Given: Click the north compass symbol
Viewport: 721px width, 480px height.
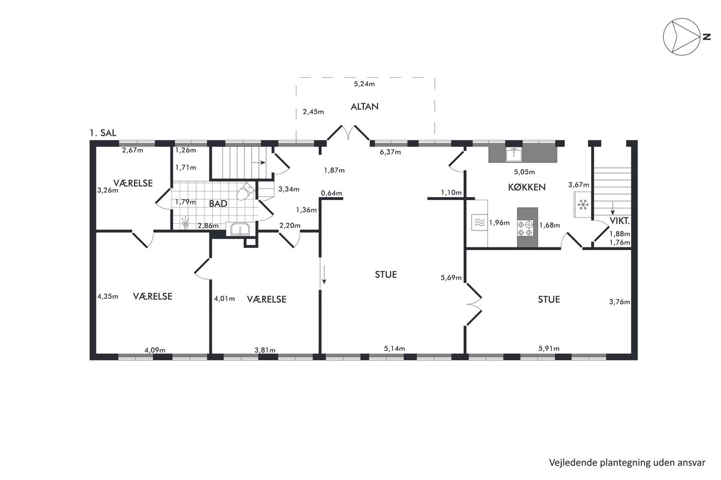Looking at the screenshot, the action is pos(681,37).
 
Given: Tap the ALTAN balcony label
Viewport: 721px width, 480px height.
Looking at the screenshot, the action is pos(365,106).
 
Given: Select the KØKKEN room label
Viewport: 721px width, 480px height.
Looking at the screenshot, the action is pos(526,187).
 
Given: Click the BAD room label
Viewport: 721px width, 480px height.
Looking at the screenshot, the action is pos(218,204).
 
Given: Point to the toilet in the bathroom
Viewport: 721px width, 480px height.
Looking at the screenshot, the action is pos(246,191).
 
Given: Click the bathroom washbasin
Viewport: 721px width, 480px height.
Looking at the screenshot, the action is pos(240,229).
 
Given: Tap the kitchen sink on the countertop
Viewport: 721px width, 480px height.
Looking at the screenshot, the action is pos(514,154).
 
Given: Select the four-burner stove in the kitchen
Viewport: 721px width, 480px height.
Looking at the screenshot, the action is pos(525,228).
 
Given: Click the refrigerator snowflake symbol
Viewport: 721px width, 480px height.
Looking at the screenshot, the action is pos(583,204).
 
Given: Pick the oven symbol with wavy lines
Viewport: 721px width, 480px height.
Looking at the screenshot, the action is pos(479,222).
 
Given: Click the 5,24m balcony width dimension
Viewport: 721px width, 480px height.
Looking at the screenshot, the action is pos(365,84).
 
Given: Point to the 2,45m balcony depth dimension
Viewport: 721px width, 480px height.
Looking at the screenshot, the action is pos(313,112).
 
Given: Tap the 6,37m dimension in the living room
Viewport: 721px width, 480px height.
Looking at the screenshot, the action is pos(390,152).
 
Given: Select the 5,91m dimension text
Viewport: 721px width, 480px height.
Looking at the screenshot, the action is pos(549,348).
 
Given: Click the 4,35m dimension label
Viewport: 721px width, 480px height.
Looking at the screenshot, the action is pos(108,296).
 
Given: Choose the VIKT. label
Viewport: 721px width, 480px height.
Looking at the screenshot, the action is pos(620,221).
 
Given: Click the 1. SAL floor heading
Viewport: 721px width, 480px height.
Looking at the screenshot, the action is pos(103,133).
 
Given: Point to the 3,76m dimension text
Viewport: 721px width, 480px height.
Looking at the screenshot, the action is pos(620,302).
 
